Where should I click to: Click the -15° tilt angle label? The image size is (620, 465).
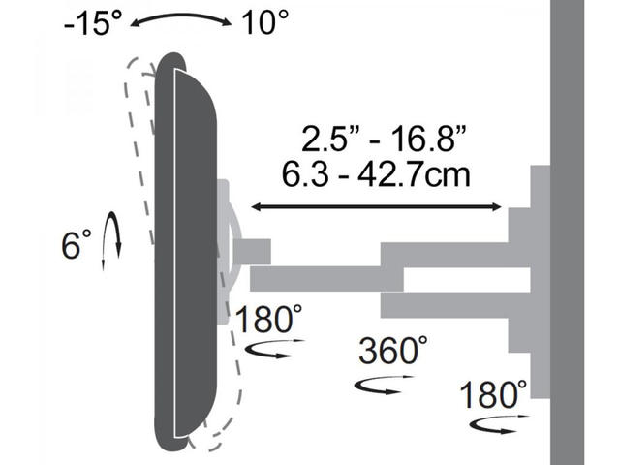93,23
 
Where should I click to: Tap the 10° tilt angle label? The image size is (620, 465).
264,22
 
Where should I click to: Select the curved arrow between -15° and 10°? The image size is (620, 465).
181,16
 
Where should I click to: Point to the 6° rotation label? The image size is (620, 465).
76,244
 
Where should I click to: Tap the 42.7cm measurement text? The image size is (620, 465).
414,173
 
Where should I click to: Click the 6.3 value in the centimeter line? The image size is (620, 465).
305,173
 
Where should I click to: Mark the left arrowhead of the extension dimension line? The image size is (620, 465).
256,206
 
